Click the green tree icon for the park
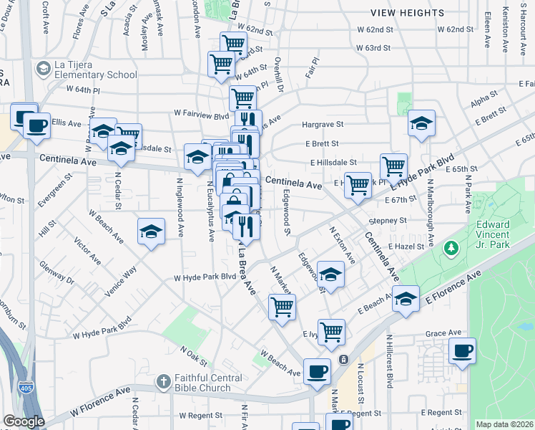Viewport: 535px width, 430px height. tap(451, 249)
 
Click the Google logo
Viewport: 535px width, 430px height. tap(24, 421)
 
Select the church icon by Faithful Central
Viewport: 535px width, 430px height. tap(164, 380)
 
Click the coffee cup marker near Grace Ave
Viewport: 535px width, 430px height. tap(461, 351)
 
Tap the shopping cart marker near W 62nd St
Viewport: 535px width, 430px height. tap(233, 44)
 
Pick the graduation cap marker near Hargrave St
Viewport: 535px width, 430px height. tap(422, 123)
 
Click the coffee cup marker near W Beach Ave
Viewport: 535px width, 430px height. tap(317, 371)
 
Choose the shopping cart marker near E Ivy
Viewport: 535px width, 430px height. tap(331, 331)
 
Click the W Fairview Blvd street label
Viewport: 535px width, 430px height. tap(201, 113)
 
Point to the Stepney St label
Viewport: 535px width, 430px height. tap(388, 221)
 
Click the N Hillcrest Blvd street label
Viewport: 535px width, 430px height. tap(390, 362)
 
